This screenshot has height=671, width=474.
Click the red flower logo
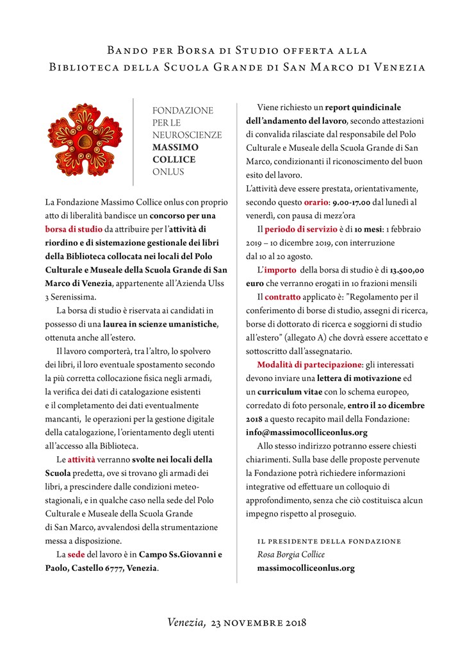(x=85, y=140)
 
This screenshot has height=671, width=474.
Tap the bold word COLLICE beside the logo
(x=174, y=159)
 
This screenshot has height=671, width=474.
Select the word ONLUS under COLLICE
(x=168, y=171)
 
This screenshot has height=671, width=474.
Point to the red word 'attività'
(x=82, y=459)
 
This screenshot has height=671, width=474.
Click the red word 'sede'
(x=76, y=554)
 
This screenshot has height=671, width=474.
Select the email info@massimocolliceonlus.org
(x=306, y=432)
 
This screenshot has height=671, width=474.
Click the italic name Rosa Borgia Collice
(x=291, y=554)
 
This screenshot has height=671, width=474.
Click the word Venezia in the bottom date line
(x=186, y=622)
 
